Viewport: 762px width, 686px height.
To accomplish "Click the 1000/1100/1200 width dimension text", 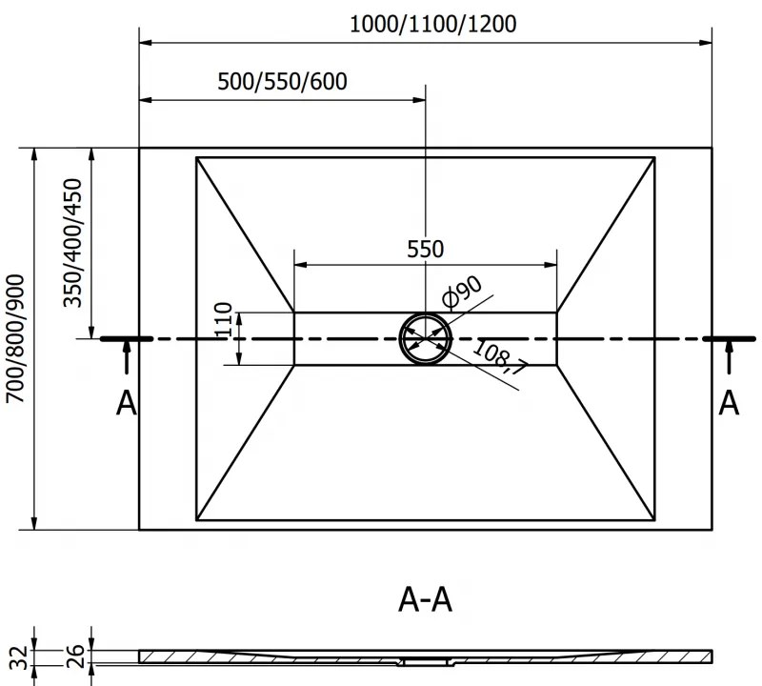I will tap(433, 24).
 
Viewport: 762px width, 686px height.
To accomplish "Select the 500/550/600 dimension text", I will tap(282, 81).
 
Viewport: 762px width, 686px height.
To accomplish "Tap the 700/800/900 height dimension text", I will tap(16, 338).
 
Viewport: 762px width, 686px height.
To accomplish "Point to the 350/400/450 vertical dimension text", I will tap(73, 243).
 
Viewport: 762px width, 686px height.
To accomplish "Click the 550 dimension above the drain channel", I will tap(425, 249).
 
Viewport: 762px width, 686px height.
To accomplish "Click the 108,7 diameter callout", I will tap(499, 358).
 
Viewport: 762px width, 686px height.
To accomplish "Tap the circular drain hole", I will tap(426, 338).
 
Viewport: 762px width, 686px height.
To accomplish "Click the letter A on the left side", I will tap(126, 403).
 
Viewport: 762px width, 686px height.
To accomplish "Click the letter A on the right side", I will tap(729, 403).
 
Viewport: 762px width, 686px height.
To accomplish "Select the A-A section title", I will tap(425, 600).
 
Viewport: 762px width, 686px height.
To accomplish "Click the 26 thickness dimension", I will tap(77, 656).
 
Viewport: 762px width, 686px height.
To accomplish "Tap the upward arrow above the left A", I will tap(126, 360).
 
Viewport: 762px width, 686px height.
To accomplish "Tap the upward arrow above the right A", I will tap(729, 360).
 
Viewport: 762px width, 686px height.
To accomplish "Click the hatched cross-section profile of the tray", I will tap(286, 656).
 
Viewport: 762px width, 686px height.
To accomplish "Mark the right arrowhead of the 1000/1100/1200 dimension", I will tap(706, 42).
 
